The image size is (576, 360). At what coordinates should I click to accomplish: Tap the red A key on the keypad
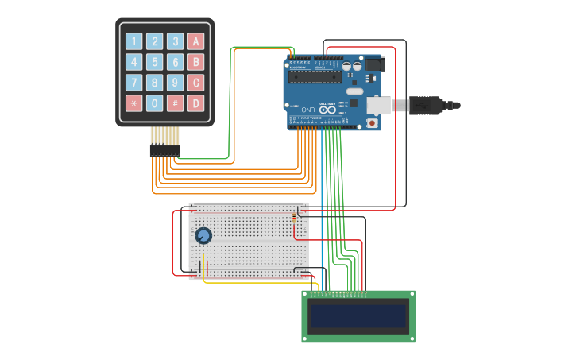[x=196, y=41]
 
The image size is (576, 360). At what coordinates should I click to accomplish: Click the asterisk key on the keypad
[x=133, y=103]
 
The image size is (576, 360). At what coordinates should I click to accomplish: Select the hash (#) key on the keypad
[x=176, y=103]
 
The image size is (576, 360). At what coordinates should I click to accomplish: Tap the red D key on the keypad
[x=196, y=103]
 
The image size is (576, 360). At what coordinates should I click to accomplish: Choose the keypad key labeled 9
[x=176, y=83]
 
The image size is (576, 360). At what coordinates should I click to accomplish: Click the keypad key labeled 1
[x=133, y=41]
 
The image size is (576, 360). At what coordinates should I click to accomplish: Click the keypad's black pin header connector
[x=165, y=150]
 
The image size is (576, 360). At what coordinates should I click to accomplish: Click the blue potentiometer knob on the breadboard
[x=203, y=236]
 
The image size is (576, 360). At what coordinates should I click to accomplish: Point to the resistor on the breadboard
[x=295, y=215]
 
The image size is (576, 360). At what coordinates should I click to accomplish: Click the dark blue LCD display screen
[x=358, y=315]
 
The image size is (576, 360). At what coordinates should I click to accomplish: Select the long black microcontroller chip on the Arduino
[x=315, y=77]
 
